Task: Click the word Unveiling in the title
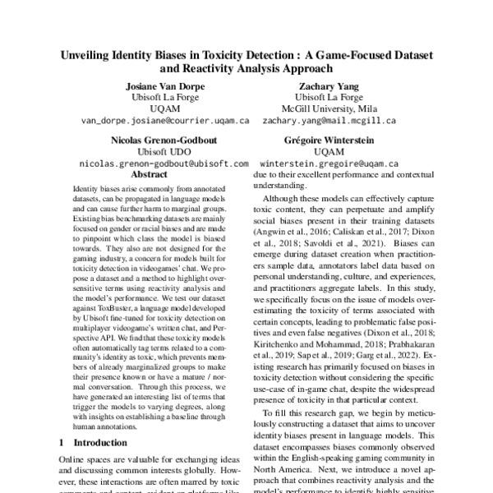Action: pos(90,56)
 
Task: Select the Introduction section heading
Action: pos(98,443)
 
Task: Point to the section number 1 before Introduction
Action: pos(61,443)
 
